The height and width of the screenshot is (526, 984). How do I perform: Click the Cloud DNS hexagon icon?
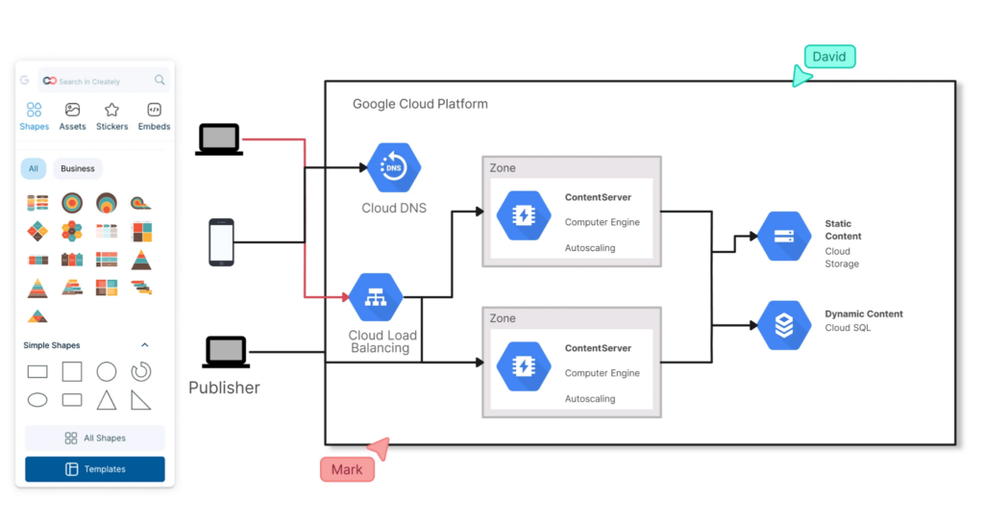394,168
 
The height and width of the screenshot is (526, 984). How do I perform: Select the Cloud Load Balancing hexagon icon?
376,298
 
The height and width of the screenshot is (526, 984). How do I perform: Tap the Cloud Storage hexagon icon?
784,237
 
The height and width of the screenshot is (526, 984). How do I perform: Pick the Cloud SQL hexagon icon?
784,325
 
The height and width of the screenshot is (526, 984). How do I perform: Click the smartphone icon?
221,242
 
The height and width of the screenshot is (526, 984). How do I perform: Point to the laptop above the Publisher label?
226,352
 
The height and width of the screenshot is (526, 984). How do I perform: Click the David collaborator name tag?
829,57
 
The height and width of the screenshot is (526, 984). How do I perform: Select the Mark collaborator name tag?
346,469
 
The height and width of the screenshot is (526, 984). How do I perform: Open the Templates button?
95,469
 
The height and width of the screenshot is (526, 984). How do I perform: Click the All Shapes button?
95,438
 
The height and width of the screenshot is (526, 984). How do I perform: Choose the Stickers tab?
111,116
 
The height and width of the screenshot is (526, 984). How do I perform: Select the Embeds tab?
154,116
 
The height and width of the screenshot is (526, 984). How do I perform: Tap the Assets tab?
72,116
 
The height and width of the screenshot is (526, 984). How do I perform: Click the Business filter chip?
78,168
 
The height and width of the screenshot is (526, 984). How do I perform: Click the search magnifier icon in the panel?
160,81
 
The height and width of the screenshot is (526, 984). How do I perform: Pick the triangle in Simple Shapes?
107,399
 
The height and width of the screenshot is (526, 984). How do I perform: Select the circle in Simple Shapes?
107,371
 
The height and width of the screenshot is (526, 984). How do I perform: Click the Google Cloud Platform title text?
420,104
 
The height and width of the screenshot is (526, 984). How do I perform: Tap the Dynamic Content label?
863,313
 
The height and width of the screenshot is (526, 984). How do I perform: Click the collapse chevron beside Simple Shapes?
145,345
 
